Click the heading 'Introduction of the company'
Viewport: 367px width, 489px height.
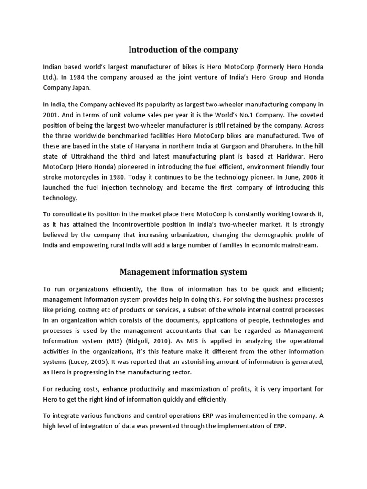tap(184, 49)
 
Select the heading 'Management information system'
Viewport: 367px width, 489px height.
tap(183, 272)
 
